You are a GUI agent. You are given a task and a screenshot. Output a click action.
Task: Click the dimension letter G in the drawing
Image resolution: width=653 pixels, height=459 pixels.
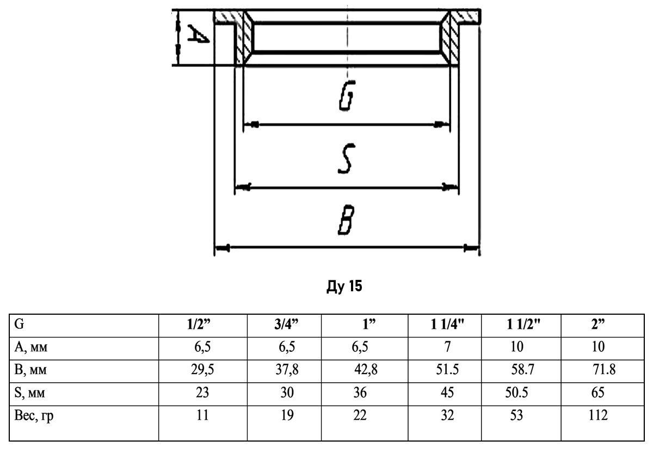pyautogui.click(x=346, y=98)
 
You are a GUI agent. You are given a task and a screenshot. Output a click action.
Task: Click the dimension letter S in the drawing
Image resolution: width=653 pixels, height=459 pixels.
pyautogui.click(x=346, y=158)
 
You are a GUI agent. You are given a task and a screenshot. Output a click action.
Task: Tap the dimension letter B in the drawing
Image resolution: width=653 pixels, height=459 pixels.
pyautogui.click(x=346, y=219)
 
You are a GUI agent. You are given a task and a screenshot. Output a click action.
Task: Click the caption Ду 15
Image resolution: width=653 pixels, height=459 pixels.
pyautogui.click(x=344, y=286)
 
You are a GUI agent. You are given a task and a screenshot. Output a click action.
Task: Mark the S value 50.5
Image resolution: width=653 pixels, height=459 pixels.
pyautogui.click(x=516, y=393)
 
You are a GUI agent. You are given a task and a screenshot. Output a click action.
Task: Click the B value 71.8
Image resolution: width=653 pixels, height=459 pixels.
pyautogui.click(x=603, y=370)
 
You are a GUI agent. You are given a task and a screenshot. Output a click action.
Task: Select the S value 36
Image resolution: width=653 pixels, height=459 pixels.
pyautogui.click(x=359, y=393)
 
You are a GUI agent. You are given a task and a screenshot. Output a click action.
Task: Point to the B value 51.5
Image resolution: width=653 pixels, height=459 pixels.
pyautogui.click(x=447, y=370)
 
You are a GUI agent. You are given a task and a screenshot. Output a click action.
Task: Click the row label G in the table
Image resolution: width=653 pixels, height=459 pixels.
pyautogui.click(x=19, y=325)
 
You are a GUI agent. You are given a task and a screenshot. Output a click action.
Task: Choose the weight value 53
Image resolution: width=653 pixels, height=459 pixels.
pyautogui.click(x=516, y=416)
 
